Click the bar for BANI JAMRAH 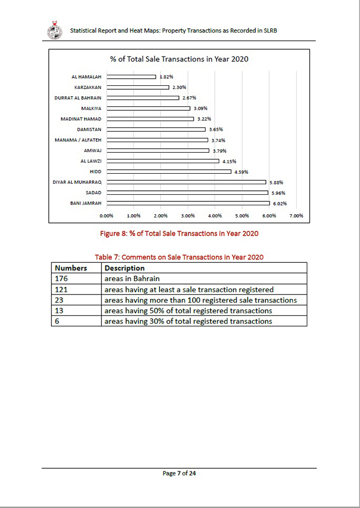[188, 203]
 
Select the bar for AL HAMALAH [131, 77]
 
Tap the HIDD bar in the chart [169, 172]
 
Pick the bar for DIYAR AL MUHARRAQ [186, 182]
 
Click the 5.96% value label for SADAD [278, 193]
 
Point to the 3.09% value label [200, 108]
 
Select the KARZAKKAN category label [88, 87]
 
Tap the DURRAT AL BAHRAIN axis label [78, 98]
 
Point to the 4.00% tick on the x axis [215, 216]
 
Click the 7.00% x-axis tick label [296, 216]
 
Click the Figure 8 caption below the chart [179, 234]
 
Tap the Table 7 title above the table [179, 257]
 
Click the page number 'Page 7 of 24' [179, 473]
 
